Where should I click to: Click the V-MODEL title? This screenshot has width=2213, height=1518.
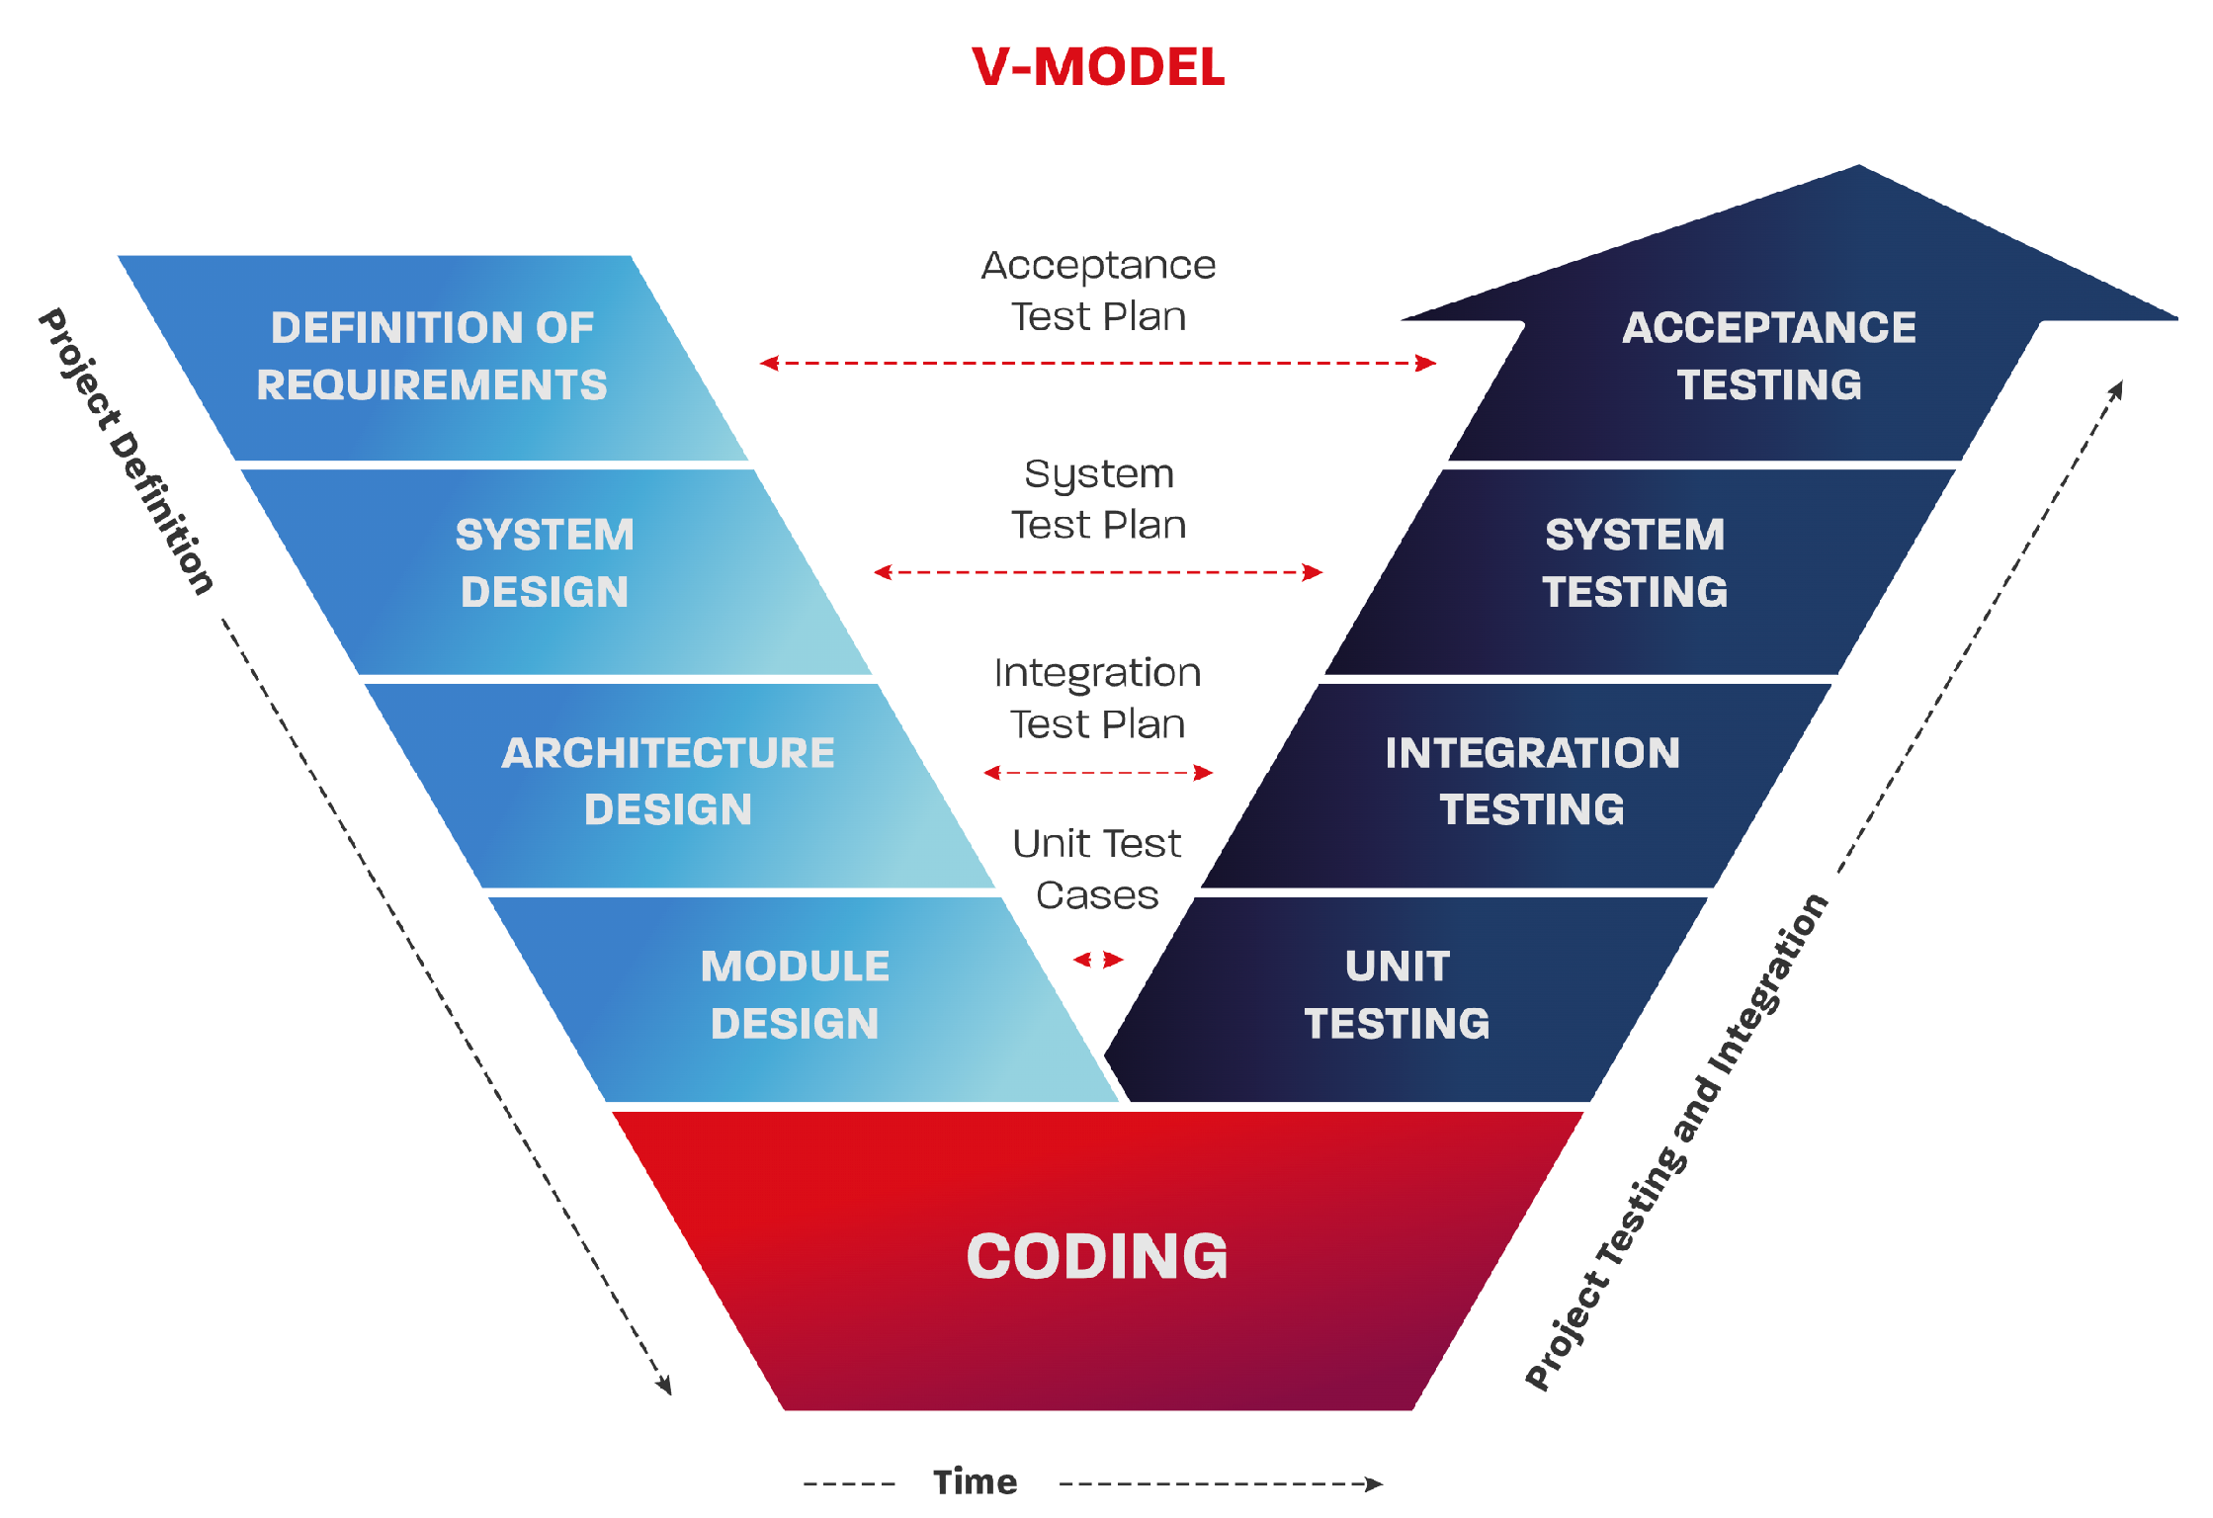click(1097, 67)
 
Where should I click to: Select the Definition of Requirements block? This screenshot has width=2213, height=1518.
click(432, 357)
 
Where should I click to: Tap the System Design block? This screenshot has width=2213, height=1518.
click(545, 563)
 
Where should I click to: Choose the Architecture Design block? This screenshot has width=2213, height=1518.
click(668, 781)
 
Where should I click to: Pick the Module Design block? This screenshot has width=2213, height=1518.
click(795, 995)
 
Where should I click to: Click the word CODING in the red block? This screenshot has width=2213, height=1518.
click(1097, 1257)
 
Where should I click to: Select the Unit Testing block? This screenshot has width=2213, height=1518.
click(1397, 995)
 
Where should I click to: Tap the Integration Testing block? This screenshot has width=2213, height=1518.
click(1532, 781)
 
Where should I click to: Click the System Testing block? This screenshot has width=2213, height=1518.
click(1635, 563)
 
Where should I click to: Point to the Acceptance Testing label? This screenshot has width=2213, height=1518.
click(1769, 357)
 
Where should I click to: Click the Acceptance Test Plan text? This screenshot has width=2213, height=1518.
click(1098, 292)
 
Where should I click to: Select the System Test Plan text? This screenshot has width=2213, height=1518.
click(1098, 500)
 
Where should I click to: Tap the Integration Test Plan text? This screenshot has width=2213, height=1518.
click(1097, 699)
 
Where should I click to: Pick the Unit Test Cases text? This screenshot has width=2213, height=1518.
click(1097, 870)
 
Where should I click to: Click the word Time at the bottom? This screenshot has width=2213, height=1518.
click(975, 1482)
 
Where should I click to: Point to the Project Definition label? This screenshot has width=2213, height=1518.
click(126, 452)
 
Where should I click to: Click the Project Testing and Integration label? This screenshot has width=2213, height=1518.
click(1677, 1142)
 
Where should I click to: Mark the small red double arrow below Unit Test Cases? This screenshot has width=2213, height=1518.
click(1098, 960)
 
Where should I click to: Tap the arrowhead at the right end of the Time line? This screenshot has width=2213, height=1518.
click(1374, 1483)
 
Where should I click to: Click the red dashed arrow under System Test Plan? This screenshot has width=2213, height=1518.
click(1098, 572)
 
